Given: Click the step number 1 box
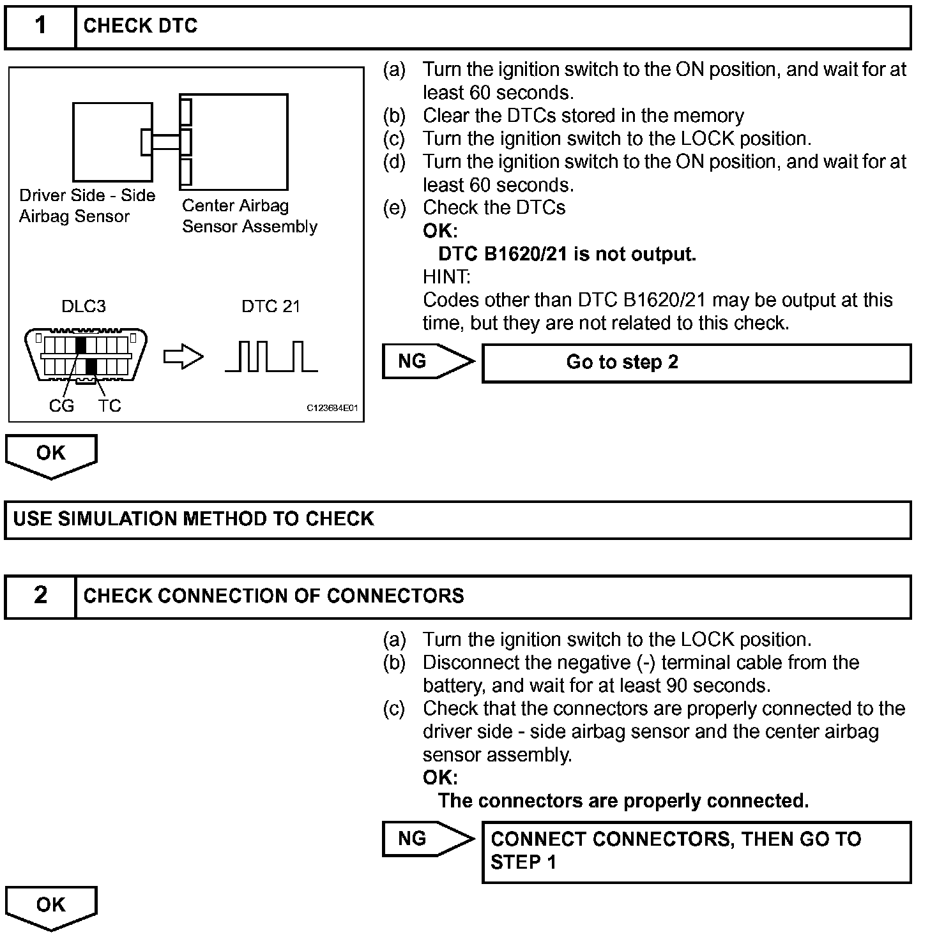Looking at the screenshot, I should coord(40,27).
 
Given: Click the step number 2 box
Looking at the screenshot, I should coord(40,596).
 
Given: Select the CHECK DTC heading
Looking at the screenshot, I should coord(141,26).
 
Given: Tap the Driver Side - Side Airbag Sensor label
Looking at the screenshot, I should coord(87,206).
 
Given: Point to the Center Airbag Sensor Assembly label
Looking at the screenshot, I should coord(249,216).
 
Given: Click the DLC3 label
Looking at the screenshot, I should coord(83,306).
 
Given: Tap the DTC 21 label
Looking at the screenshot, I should coord(271,306).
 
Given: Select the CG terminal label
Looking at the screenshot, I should coord(61,406).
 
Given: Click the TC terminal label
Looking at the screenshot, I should coord(110,406).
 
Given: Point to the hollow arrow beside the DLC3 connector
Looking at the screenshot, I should coord(183,357).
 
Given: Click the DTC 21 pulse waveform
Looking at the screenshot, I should coord(271,357).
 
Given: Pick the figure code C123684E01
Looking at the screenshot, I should coord(332,408).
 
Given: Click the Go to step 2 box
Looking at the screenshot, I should coord(696,363).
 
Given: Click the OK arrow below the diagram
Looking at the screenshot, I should coord(51,455).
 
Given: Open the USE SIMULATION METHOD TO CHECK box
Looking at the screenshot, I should coord(457,520).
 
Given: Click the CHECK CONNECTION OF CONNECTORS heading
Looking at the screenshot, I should coord(273,596).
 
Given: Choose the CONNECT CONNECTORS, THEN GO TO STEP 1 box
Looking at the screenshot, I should coord(696,851).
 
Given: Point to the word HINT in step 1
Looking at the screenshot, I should coord(446,277).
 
